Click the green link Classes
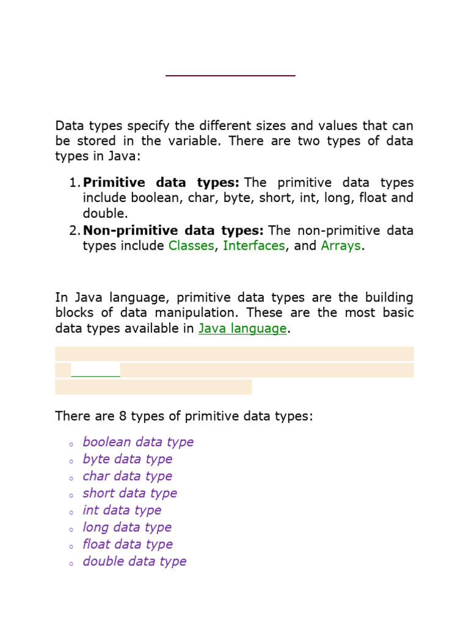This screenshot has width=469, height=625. [x=191, y=246]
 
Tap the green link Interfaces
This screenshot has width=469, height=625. [x=254, y=246]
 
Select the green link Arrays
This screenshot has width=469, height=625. [x=341, y=246]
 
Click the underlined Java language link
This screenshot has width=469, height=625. [x=242, y=329]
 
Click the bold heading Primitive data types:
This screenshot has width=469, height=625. [x=161, y=183]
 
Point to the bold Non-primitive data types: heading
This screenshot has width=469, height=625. [x=173, y=231]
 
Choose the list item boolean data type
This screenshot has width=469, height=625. [x=138, y=442]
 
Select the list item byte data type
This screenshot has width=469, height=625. [x=128, y=459]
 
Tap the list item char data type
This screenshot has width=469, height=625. [x=128, y=476]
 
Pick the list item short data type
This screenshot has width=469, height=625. [x=130, y=493]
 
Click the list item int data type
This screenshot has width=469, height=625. [x=122, y=510]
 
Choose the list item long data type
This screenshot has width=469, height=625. [x=127, y=527]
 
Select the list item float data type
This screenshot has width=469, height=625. [x=128, y=544]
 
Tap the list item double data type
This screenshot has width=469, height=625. [x=135, y=562]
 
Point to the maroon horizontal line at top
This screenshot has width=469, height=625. [x=230, y=75]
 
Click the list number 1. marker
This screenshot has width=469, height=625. [x=74, y=183]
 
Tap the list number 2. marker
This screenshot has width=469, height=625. [x=74, y=231]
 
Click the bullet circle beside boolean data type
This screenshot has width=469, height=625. [x=71, y=444]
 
